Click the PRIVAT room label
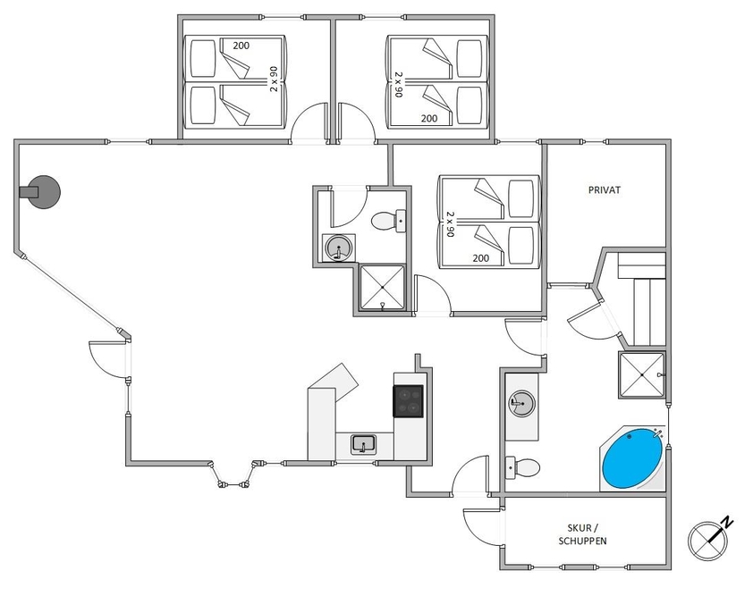[x=605, y=190]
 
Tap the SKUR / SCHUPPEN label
[x=582, y=534]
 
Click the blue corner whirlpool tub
[x=632, y=458]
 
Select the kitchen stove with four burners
[x=408, y=401]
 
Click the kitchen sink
[x=364, y=444]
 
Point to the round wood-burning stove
[x=41, y=192]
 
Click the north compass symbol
[x=708, y=541]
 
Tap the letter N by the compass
[x=728, y=522]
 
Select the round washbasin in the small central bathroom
[x=339, y=248]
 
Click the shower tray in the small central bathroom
[x=382, y=288]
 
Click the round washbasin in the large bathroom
[x=521, y=402]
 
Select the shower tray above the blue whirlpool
[x=642, y=375]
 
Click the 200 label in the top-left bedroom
[x=241, y=46]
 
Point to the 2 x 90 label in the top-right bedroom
[x=399, y=85]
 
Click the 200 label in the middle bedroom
[x=481, y=258]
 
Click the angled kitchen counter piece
[x=334, y=382]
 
